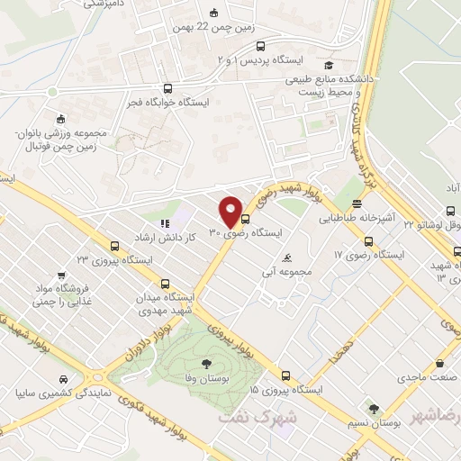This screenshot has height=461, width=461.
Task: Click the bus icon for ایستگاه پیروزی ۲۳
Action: tap(114, 245)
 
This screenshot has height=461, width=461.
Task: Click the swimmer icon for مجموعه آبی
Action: tap(287, 258)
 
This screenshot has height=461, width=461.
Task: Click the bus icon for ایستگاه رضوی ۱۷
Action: tap(368, 241)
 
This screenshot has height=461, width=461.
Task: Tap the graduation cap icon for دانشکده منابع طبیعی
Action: tap(329, 66)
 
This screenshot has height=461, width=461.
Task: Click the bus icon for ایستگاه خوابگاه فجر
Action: tap(167, 88)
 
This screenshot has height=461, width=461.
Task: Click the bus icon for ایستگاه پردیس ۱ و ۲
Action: tap(260, 47)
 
